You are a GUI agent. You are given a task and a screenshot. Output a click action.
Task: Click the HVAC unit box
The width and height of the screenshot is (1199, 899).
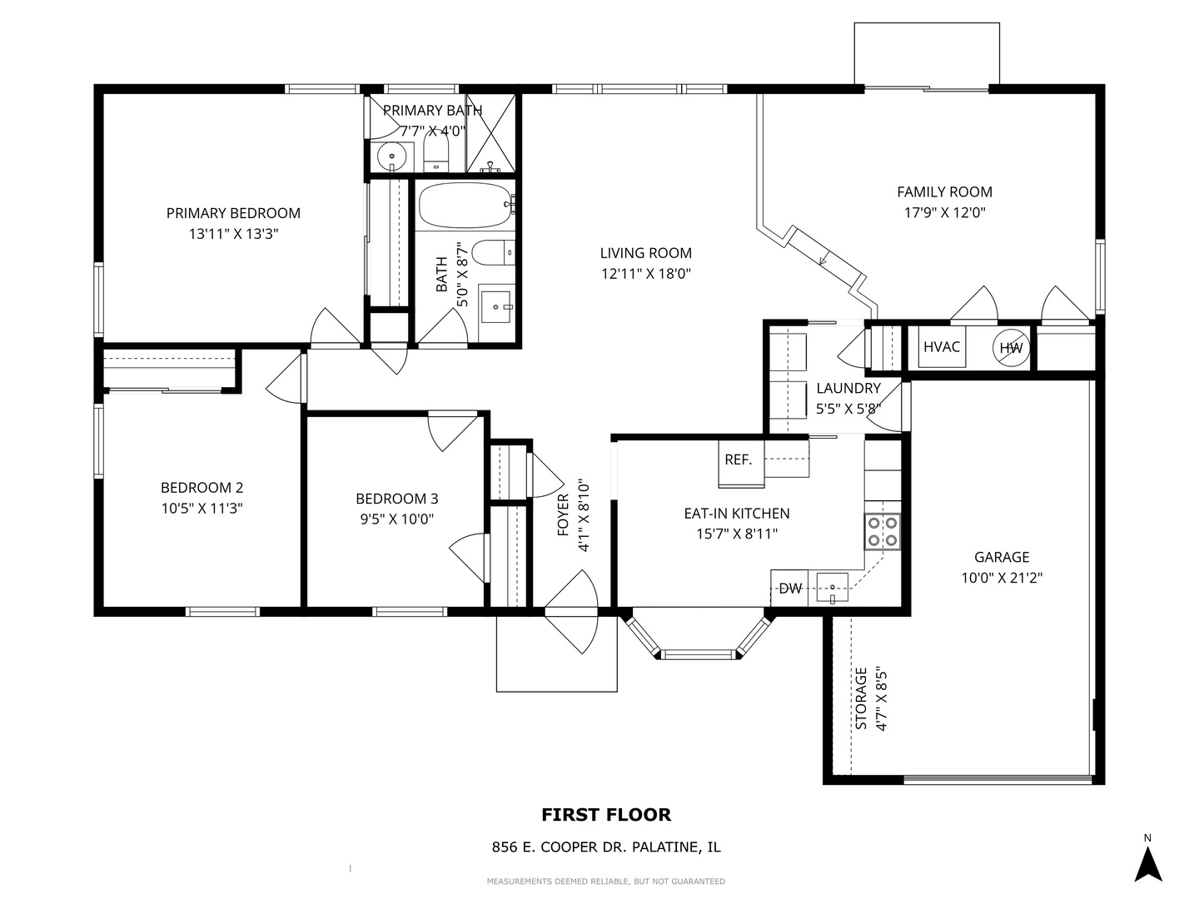(941, 346)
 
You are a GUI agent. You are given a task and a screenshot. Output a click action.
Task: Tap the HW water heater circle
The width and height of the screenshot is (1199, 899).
(1011, 348)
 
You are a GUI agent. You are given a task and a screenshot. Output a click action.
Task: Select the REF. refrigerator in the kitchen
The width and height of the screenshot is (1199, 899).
(741, 463)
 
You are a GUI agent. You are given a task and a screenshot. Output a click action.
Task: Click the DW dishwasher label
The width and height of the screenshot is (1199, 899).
(790, 589)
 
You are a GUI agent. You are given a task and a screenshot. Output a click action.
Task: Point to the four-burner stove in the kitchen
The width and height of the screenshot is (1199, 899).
(882, 532)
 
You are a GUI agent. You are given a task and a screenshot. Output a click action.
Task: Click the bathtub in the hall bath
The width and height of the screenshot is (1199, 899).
(466, 206)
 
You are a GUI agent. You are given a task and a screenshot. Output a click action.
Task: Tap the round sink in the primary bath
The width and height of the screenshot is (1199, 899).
(391, 156)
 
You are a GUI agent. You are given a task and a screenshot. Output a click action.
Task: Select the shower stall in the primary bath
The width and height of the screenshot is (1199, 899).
(490, 133)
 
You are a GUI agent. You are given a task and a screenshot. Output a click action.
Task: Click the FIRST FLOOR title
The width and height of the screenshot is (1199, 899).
(606, 815)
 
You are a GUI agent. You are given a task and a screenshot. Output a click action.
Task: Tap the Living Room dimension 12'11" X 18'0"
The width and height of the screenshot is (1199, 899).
(646, 274)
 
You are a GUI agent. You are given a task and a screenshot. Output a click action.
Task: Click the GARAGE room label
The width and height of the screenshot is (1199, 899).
(1002, 557)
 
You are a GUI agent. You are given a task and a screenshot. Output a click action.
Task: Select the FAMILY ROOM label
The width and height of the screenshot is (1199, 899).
(944, 191)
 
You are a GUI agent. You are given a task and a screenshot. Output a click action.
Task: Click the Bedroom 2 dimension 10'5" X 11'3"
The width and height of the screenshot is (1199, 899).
(201, 508)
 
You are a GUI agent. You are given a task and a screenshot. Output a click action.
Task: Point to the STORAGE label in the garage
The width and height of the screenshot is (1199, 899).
(862, 698)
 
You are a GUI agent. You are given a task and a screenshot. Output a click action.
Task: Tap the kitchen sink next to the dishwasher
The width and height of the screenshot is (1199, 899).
(833, 588)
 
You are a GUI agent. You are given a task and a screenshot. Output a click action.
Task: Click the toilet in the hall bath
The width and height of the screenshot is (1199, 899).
(493, 253)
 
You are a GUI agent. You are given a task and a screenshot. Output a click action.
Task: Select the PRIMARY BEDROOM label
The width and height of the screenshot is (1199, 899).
(233, 213)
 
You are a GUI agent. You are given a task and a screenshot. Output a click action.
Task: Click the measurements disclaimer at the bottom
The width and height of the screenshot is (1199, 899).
(606, 881)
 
